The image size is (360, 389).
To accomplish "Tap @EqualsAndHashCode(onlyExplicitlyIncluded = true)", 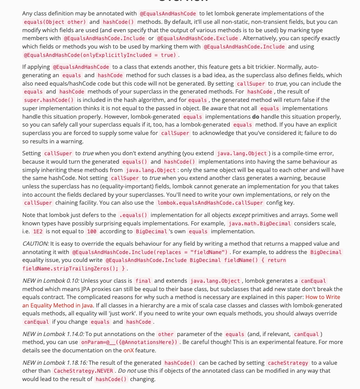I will point(100,55).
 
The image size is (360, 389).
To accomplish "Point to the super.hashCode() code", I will point(49,100).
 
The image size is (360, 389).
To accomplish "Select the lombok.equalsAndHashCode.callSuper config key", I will point(210,203).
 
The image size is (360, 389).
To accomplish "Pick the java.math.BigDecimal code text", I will point(259,223).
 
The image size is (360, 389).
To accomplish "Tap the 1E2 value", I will point(37,231).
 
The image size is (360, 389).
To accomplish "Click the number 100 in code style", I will point(91,231).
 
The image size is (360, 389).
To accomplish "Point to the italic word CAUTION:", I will point(35,243).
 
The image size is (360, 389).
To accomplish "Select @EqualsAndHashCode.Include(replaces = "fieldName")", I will point(150,252).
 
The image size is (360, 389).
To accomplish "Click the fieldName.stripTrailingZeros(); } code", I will point(75,268).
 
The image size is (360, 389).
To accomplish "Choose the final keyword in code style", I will point(143,281).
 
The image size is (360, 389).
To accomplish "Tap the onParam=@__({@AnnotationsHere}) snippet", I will point(129,342).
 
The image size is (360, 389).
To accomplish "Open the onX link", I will point(128,350).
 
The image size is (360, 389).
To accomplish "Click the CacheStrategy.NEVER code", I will point(82,371).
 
